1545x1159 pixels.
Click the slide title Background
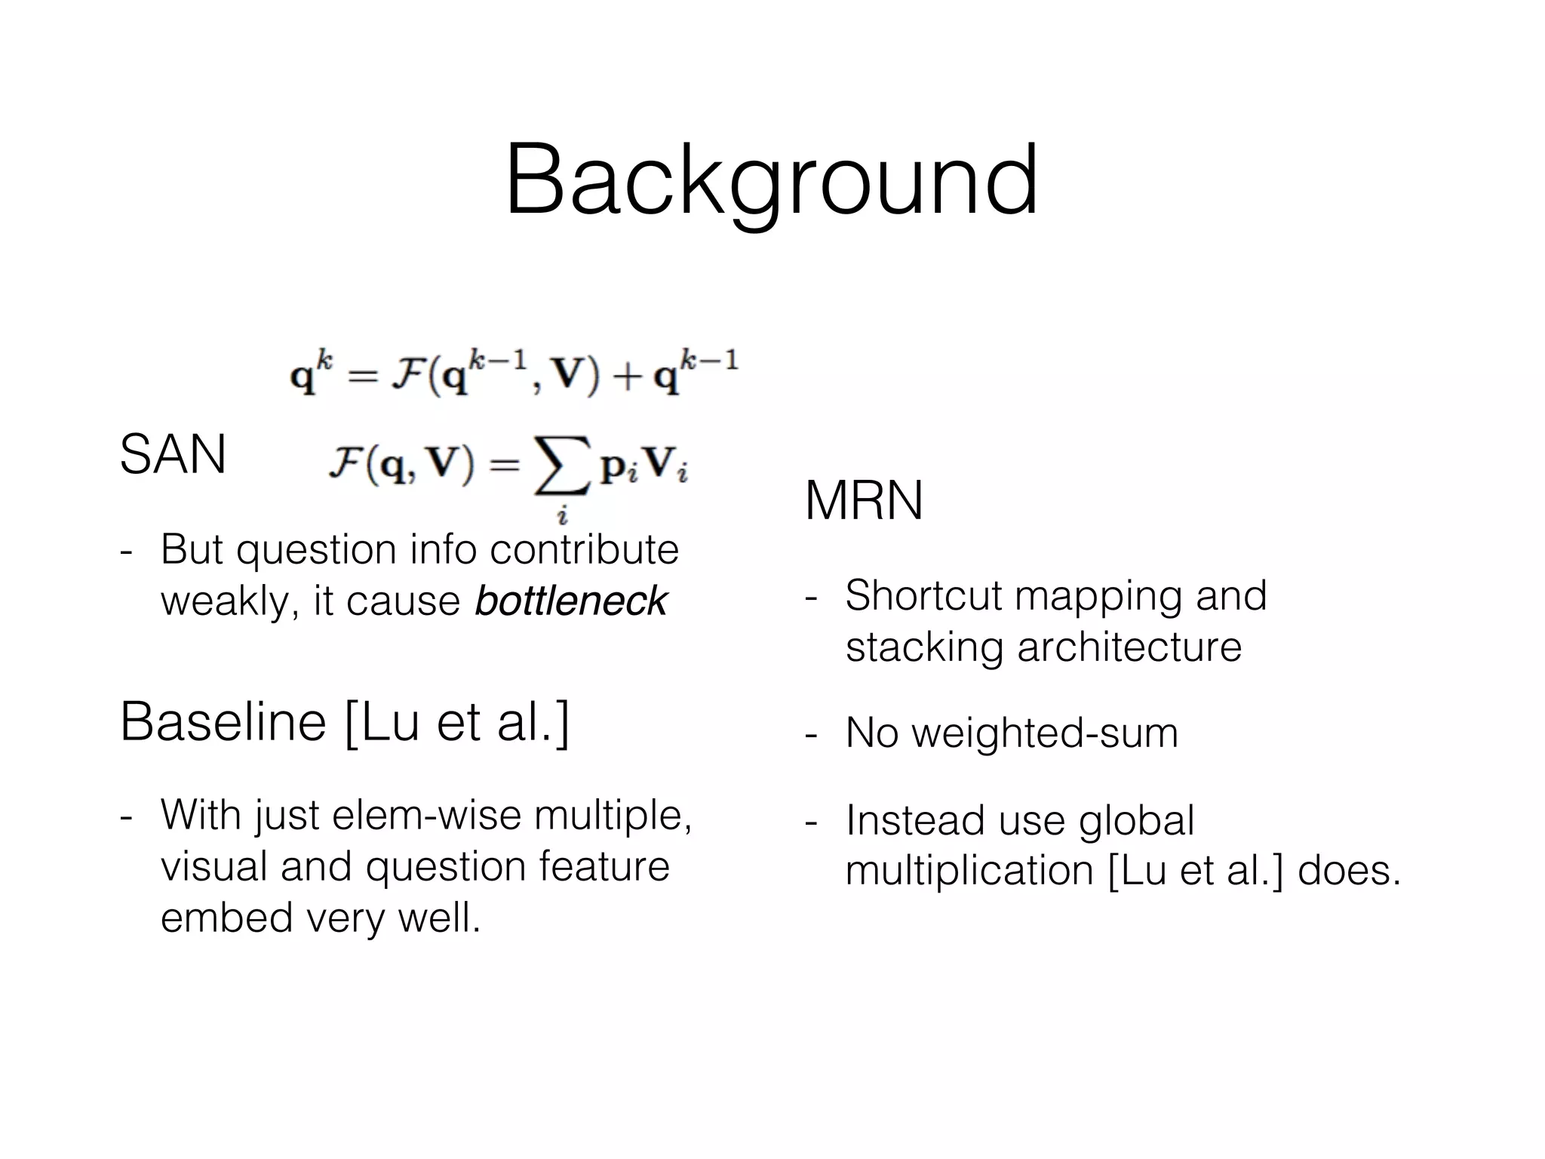click(x=772, y=181)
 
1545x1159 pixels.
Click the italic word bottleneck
click(x=571, y=601)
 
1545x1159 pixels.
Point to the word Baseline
click(x=223, y=722)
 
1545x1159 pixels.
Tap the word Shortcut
click(x=923, y=595)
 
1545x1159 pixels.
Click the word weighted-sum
click(x=1045, y=733)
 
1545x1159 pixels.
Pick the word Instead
click(x=914, y=820)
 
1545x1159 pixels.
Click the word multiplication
click(x=969, y=871)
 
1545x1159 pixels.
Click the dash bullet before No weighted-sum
click(x=812, y=733)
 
